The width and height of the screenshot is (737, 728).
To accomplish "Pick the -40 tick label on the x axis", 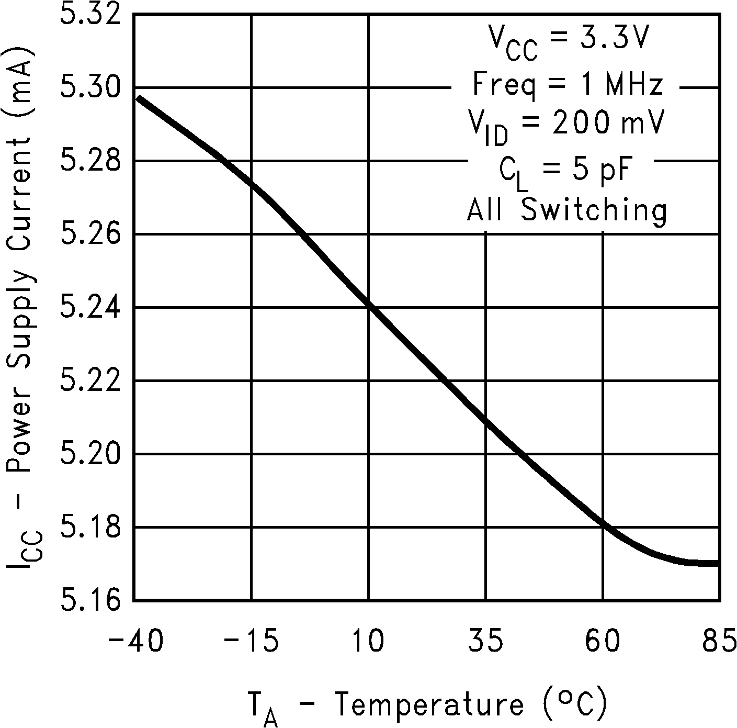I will tap(135, 641).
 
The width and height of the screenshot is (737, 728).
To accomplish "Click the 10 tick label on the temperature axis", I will tap(369, 641).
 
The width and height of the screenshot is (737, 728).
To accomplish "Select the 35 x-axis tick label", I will tap(486, 641).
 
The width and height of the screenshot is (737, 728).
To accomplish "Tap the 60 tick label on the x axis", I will tap(603, 641).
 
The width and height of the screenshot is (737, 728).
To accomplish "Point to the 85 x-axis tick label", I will tap(720, 641).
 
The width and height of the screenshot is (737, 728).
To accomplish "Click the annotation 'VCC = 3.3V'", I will tap(568, 42).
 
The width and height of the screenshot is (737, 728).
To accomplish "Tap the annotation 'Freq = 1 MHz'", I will tap(568, 85).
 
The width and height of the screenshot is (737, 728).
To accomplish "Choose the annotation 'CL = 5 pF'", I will tap(568, 171).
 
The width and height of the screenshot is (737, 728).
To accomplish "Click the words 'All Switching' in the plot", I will tap(568, 210).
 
